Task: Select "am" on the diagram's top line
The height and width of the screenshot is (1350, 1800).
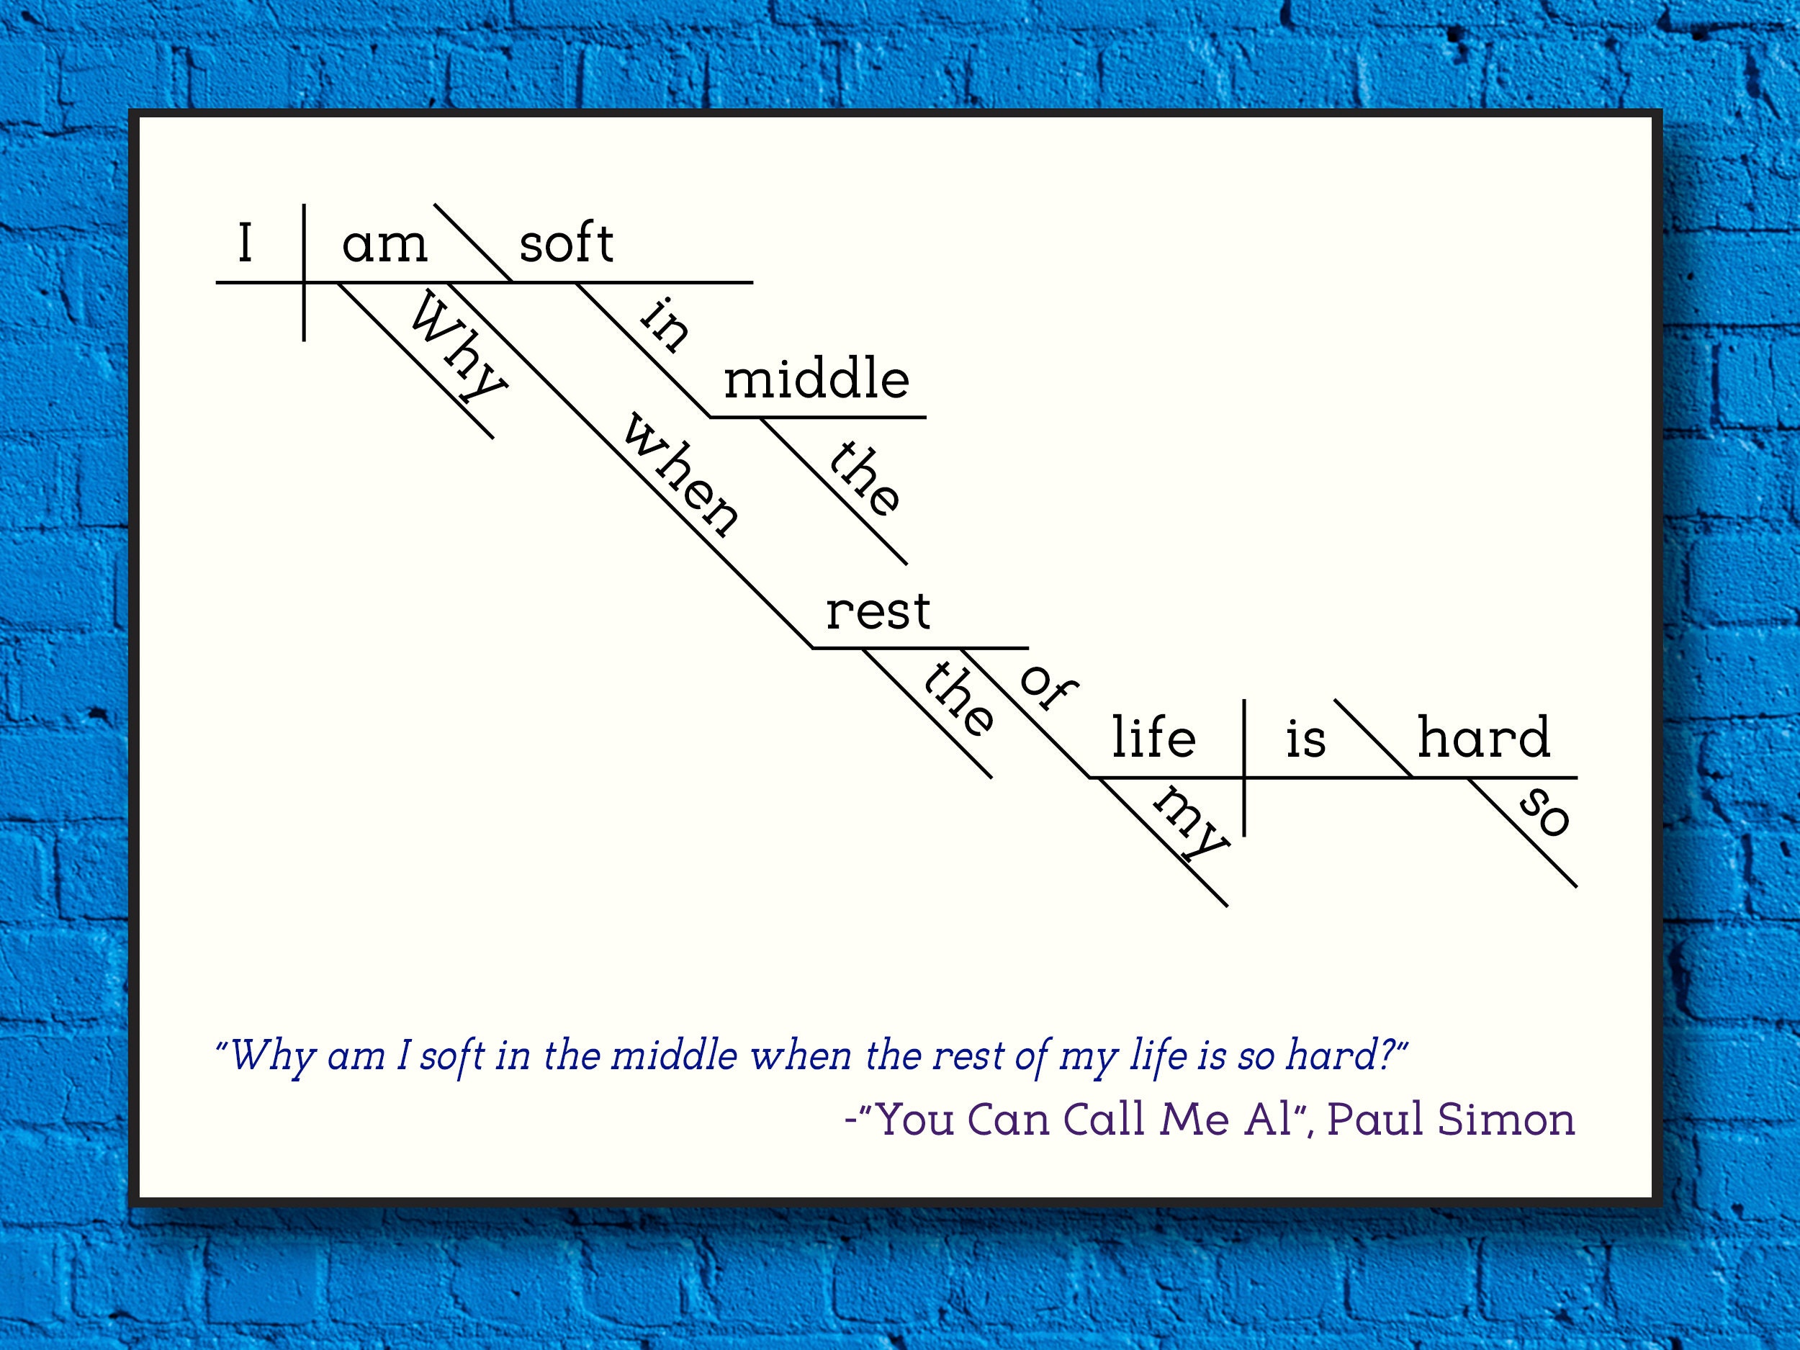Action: click(x=385, y=246)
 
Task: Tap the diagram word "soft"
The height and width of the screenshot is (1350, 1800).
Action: click(x=567, y=243)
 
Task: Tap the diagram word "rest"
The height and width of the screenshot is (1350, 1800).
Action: click(x=878, y=612)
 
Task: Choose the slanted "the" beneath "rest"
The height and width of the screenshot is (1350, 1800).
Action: click(x=958, y=698)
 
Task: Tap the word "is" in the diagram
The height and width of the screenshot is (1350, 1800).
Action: click(x=1306, y=738)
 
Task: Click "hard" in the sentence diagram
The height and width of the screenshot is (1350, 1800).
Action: click(x=1483, y=737)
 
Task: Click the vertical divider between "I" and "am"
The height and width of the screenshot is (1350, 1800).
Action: click(x=305, y=273)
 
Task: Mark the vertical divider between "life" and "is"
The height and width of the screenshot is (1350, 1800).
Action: click(x=1244, y=768)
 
